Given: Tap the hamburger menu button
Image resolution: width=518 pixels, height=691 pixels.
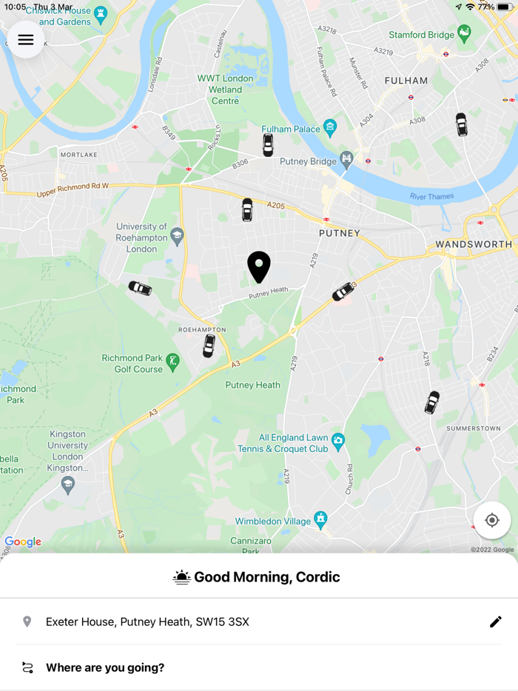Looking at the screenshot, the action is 26,40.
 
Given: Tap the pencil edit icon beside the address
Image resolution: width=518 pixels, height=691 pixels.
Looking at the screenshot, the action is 496,621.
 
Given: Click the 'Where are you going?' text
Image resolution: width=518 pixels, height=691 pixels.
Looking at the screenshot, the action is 105,667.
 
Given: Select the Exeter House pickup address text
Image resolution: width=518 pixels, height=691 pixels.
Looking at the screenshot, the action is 147,621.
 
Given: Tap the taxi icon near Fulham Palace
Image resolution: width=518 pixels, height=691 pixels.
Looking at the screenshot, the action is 268,145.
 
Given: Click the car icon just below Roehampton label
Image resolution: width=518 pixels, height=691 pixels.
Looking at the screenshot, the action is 209,345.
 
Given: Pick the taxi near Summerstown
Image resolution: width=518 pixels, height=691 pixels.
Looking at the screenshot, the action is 432,402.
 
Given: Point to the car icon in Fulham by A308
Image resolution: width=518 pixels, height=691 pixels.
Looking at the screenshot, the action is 461,124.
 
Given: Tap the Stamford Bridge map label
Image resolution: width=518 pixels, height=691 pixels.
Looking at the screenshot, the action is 422,35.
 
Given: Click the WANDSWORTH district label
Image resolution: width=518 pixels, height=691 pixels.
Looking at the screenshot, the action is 474,244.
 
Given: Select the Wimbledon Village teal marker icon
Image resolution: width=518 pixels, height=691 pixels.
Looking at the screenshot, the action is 320,519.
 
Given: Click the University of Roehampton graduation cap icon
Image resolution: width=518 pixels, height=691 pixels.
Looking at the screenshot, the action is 177,237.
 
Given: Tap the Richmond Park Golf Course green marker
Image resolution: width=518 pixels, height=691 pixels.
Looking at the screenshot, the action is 172,361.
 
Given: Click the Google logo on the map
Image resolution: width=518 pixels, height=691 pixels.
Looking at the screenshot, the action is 23,542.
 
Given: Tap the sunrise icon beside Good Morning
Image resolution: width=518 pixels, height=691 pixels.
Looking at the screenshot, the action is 181,577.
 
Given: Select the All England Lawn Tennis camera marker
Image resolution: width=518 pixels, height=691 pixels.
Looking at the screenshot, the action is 338,442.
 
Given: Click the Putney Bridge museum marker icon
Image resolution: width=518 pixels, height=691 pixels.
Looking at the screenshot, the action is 346,159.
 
